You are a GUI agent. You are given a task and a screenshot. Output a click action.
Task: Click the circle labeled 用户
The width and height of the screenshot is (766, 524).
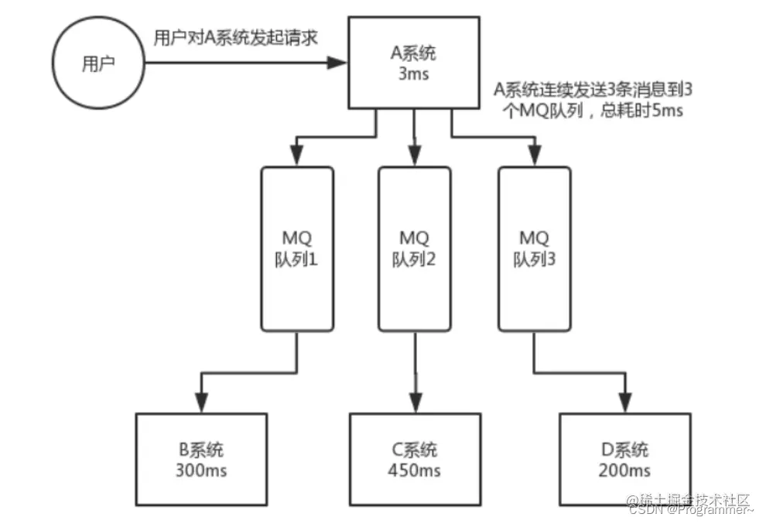click(98, 64)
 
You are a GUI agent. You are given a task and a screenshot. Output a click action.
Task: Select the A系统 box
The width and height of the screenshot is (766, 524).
click(414, 63)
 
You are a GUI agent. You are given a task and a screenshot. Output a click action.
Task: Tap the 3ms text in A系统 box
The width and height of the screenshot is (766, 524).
click(414, 74)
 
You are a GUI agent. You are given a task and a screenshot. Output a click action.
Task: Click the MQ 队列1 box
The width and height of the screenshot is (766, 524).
click(298, 248)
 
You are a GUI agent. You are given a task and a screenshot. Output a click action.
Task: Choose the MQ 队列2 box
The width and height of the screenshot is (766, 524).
click(414, 248)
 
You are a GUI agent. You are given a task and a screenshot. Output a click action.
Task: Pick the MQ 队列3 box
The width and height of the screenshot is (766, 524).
click(534, 248)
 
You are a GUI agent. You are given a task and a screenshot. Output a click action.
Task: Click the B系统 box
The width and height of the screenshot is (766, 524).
click(202, 459)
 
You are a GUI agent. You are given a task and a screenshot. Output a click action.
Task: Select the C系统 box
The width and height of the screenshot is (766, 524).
click(414, 459)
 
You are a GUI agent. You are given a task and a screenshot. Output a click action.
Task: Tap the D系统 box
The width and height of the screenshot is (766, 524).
click(624, 459)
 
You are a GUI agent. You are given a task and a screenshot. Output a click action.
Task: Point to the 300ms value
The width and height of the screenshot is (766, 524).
click(202, 470)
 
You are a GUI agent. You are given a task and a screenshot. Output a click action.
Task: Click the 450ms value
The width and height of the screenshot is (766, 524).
click(414, 470)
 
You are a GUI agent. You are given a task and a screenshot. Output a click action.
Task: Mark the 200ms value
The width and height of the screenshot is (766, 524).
click(624, 470)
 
